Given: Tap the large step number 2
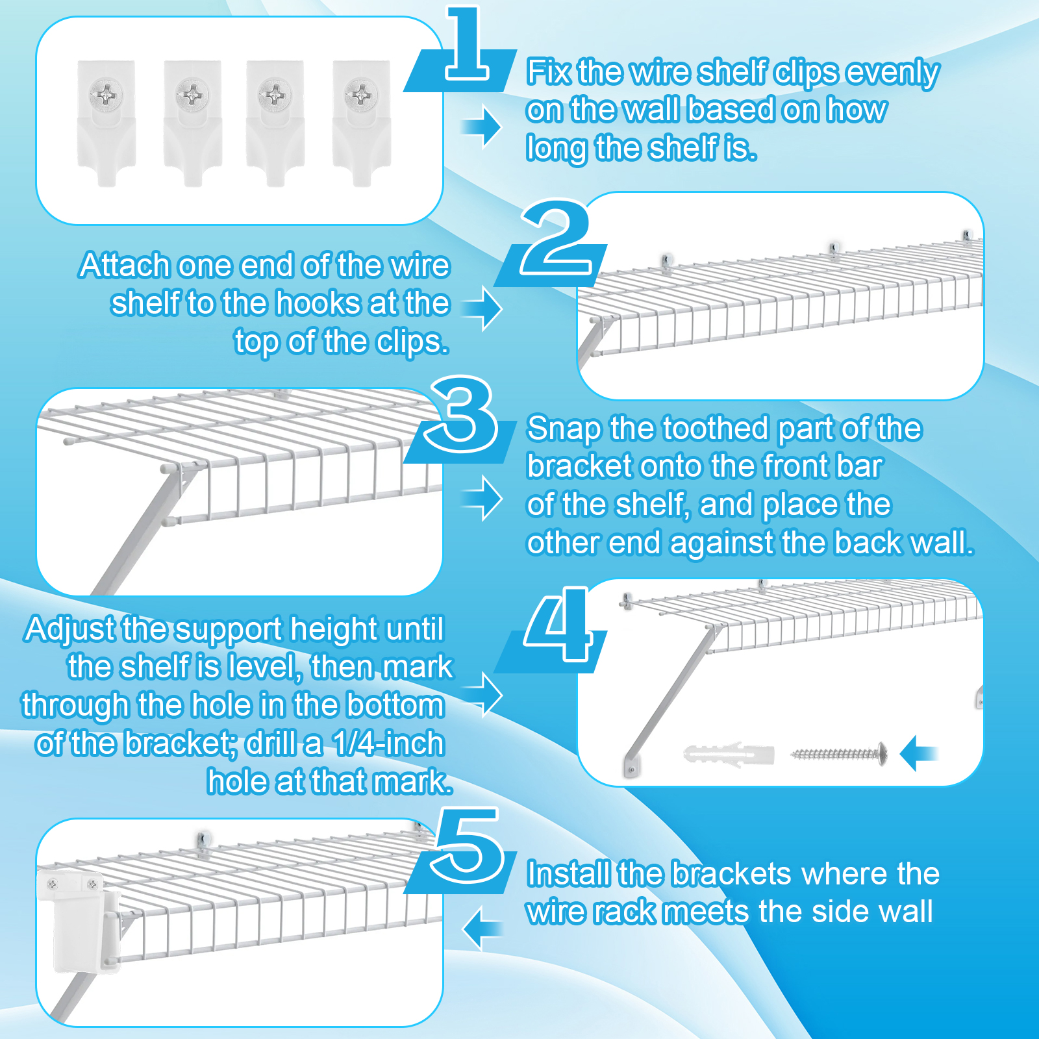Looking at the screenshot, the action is tap(556, 238).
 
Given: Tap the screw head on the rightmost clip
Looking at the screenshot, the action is tap(361, 95).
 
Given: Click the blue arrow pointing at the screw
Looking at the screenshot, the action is tap(918, 753).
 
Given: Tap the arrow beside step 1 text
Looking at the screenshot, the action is tap(482, 127).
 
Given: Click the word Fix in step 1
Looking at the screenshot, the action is tap(549, 71).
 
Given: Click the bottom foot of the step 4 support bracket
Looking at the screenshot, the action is tap(631, 765).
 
